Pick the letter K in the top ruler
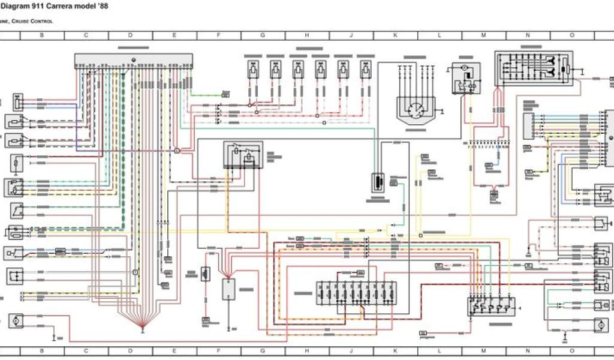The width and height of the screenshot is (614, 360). [395, 35]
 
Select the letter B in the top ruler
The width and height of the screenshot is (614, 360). [42, 35]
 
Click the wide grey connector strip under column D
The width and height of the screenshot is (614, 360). [134, 61]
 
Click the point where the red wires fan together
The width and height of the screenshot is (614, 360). [143, 327]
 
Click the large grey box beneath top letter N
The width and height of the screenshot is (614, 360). [533, 68]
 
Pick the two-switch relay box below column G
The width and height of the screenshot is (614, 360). [243, 155]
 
